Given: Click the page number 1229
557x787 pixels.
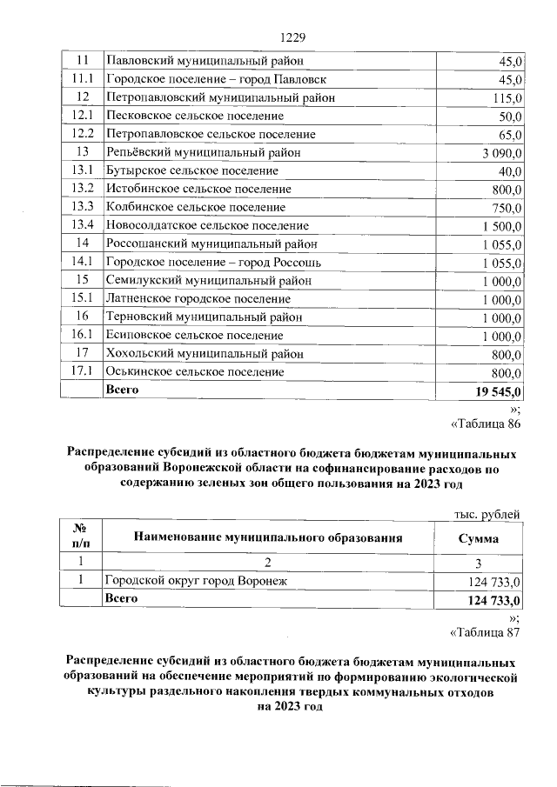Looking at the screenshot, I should click(x=293, y=37).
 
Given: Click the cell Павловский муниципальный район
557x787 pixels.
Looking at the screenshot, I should click(x=204, y=61).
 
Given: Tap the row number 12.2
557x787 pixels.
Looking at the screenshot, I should click(x=84, y=134).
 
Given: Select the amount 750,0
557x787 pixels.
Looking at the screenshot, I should click(x=504, y=207).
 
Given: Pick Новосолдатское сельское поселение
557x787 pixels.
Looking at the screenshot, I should click(x=207, y=225).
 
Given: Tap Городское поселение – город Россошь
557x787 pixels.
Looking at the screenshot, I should click(x=214, y=262).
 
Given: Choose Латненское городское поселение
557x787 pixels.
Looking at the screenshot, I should click(x=198, y=298).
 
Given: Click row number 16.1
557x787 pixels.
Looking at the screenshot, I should click(x=84, y=335).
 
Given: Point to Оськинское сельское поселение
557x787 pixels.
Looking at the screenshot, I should click(x=195, y=371).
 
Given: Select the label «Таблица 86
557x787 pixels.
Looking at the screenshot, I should click(x=485, y=424).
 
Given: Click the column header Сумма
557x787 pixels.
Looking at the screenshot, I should click(x=478, y=537).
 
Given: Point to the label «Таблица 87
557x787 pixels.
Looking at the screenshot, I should click(x=485, y=632).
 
